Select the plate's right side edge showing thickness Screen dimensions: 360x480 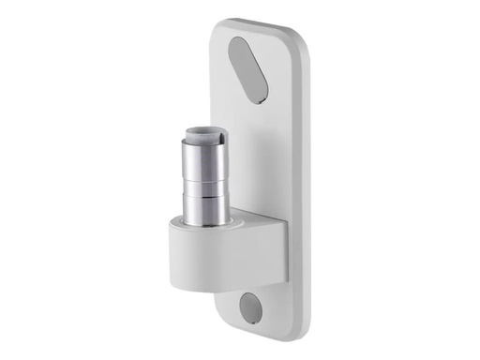click(x=304, y=187)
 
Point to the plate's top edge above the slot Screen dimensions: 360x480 click(x=258, y=22)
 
